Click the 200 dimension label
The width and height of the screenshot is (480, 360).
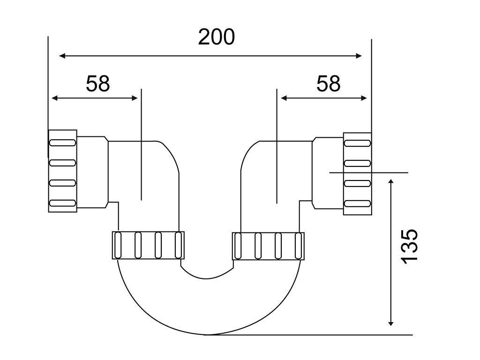(217, 37)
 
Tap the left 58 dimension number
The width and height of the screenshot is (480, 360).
(97, 83)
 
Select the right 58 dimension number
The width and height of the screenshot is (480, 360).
(328, 83)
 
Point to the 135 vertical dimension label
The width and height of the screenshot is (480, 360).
(409, 246)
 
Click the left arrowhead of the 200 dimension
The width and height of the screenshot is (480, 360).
(62, 56)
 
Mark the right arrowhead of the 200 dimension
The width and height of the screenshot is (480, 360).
(359, 56)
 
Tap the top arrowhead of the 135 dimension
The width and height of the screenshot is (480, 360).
(390, 182)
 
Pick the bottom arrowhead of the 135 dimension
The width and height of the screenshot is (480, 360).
(390, 322)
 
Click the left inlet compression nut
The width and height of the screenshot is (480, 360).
(62, 171)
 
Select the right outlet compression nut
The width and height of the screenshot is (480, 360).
(357, 174)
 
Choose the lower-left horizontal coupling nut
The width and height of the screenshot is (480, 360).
(148, 246)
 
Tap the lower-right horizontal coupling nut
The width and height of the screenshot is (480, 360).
(268, 246)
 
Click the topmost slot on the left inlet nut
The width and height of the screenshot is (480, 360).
(62, 142)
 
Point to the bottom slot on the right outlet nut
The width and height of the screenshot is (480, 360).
(357, 203)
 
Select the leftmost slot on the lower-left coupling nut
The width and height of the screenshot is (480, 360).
(118, 246)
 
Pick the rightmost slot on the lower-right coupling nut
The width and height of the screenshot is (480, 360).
(298, 246)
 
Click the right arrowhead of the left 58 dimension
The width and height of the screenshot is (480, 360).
(135, 98)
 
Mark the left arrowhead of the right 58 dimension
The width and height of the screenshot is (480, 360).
(284, 98)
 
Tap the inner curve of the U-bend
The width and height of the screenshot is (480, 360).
(206, 278)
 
